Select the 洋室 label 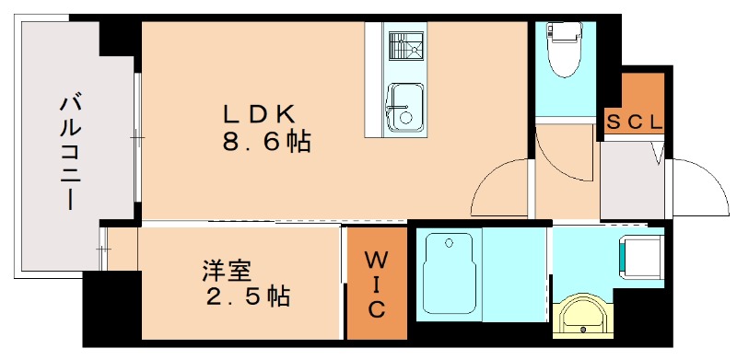[x=229, y=272]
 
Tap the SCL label [x=634, y=121]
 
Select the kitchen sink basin [x=403, y=106]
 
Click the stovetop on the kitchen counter [x=403, y=46]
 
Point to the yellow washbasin [x=582, y=316]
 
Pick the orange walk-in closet [x=376, y=283]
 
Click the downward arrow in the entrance [x=658, y=152]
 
